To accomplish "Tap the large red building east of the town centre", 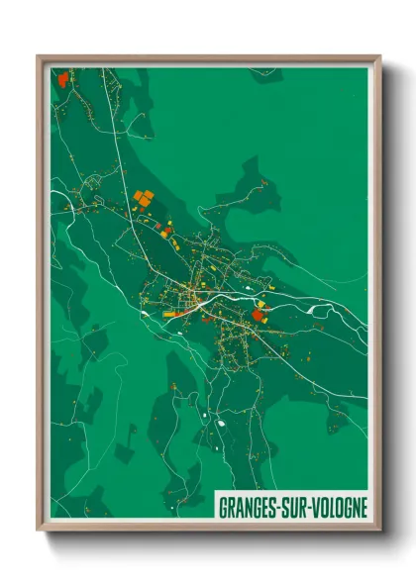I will point(260,315).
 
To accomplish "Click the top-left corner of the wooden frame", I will point(39,56).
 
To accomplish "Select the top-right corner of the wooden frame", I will point(379,56).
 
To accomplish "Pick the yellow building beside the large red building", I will point(263,304).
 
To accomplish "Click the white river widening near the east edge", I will point(319,309).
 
